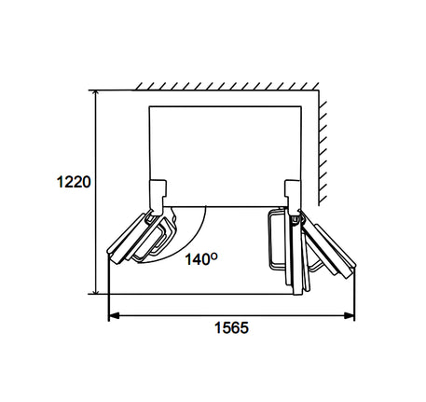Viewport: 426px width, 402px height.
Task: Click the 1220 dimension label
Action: click(74, 182)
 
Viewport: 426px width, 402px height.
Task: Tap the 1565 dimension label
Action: click(231, 327)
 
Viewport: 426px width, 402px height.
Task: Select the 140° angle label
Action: click(201, 258)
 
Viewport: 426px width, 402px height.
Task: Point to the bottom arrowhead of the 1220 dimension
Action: click(96, 290)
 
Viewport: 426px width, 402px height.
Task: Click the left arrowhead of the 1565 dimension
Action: click(113, 316)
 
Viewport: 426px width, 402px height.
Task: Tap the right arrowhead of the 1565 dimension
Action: click(350, 316)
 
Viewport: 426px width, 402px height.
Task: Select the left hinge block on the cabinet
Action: click(158, 197)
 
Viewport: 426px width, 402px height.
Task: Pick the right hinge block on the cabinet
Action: click(293, 197)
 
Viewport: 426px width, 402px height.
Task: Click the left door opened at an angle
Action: click(142, 237)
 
